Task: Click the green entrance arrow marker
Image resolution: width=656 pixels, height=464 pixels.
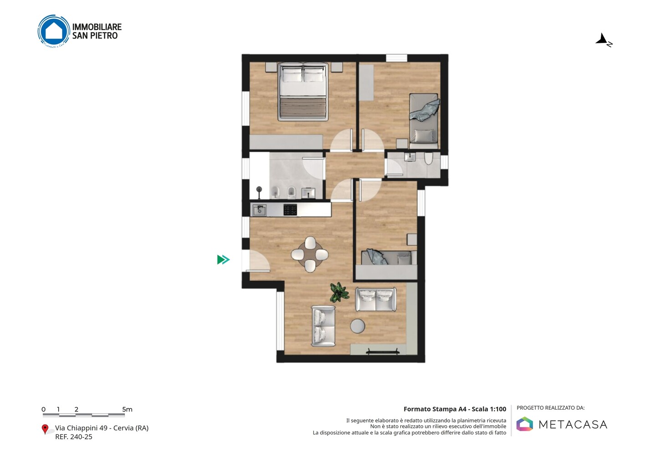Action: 223,259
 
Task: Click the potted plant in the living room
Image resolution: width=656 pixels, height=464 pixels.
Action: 339,292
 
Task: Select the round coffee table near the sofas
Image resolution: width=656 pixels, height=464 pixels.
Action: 358,326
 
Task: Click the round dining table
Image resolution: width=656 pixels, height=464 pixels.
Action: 310,254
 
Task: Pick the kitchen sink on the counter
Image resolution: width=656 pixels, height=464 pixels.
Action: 260,210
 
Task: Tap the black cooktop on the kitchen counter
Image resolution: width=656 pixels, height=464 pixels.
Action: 290,210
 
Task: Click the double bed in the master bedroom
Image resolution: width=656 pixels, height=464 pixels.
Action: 303,92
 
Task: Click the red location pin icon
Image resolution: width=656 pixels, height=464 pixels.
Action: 45,429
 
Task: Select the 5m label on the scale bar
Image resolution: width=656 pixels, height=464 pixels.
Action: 127,409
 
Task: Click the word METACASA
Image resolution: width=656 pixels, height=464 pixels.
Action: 573,425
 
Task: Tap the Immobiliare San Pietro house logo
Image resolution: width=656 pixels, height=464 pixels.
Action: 54,31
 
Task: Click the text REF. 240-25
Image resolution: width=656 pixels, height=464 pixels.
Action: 74,437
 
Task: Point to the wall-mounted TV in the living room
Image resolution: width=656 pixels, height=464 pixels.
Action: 383,352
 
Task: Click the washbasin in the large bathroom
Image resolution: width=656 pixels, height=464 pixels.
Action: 308,193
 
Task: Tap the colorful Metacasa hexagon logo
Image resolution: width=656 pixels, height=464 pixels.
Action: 524,424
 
